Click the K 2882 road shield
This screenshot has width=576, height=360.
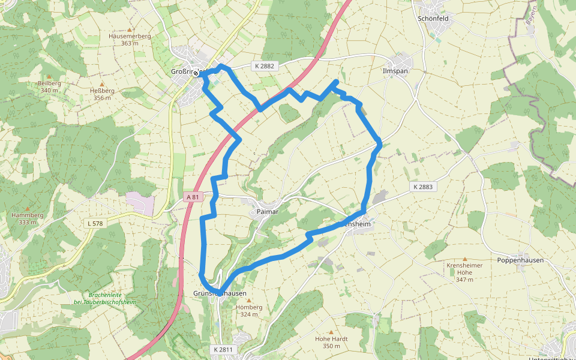coord(263,67)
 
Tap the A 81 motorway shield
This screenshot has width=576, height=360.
coord(192,197)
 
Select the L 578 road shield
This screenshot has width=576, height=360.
coord(95,223)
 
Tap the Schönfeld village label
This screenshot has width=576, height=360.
coord(433,19)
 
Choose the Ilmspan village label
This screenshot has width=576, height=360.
coord(395,70)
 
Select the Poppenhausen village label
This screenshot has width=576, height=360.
coord(520,260)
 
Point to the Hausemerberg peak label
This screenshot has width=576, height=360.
coord(130,36)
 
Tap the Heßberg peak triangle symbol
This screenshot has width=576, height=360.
coord(101,84)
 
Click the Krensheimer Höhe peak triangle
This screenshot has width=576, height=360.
coord(464,259)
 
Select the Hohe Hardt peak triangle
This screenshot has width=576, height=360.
coord(331,332)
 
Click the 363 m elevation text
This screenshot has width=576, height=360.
coord(130,43)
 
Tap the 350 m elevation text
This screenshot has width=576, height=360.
coord(331,346)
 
